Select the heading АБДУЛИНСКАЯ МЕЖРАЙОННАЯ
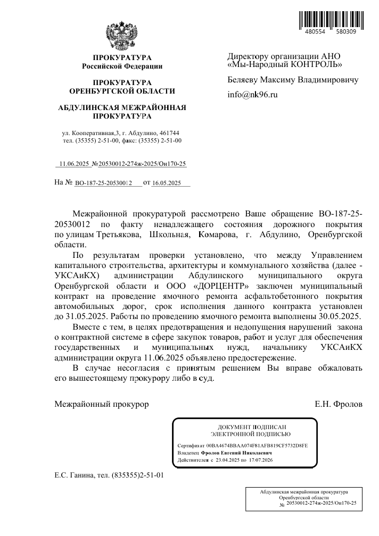pos(122,107)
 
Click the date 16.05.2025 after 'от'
pos(167,183)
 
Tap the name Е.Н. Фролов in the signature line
pos(339,404)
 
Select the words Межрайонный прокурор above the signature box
pos(102,404)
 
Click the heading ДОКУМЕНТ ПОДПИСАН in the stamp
pos(246,427)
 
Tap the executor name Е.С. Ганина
pos(75,474)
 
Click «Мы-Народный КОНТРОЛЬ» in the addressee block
pos(285,65)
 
